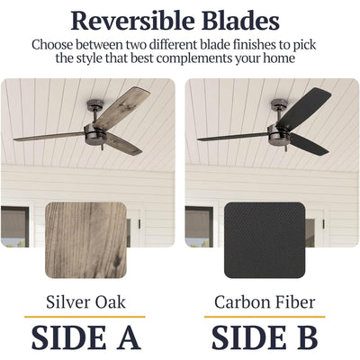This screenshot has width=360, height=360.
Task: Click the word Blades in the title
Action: pos(241,21)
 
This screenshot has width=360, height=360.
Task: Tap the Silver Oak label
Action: pos(85,302)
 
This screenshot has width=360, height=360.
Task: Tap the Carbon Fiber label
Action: pos(265,302)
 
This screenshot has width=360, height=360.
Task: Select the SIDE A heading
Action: pos(86,337)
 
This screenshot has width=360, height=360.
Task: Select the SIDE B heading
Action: pos(265,337)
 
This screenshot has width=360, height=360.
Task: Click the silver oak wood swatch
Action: pos(85,240)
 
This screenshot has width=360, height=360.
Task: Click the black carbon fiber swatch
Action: pos(265,240)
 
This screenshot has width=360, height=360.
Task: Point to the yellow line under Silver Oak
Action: pos(85,317)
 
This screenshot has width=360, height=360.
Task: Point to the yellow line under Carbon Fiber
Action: pos(265,317)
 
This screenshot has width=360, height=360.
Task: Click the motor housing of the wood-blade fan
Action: pos(94,134)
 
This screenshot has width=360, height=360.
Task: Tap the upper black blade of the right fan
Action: pos(304,108)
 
